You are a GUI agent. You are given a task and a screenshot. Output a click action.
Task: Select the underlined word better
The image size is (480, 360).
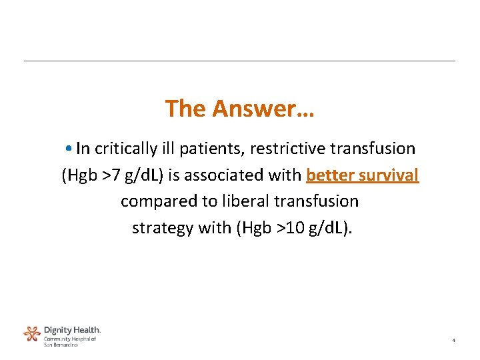[329, 175]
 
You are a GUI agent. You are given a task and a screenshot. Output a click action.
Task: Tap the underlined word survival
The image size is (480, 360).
[389, 175]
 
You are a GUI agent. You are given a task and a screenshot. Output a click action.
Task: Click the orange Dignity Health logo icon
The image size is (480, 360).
[32, 333]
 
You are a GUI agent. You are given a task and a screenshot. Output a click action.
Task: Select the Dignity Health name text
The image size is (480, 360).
[72, 329]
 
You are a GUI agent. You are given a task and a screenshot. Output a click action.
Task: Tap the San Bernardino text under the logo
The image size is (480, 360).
[61, 344]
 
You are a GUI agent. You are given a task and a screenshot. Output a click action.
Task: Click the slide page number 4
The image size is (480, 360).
[453, 341]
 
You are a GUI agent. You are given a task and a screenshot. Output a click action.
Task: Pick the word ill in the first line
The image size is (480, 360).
[165, 148]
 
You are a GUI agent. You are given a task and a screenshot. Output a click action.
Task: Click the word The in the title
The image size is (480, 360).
[186, 108]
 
